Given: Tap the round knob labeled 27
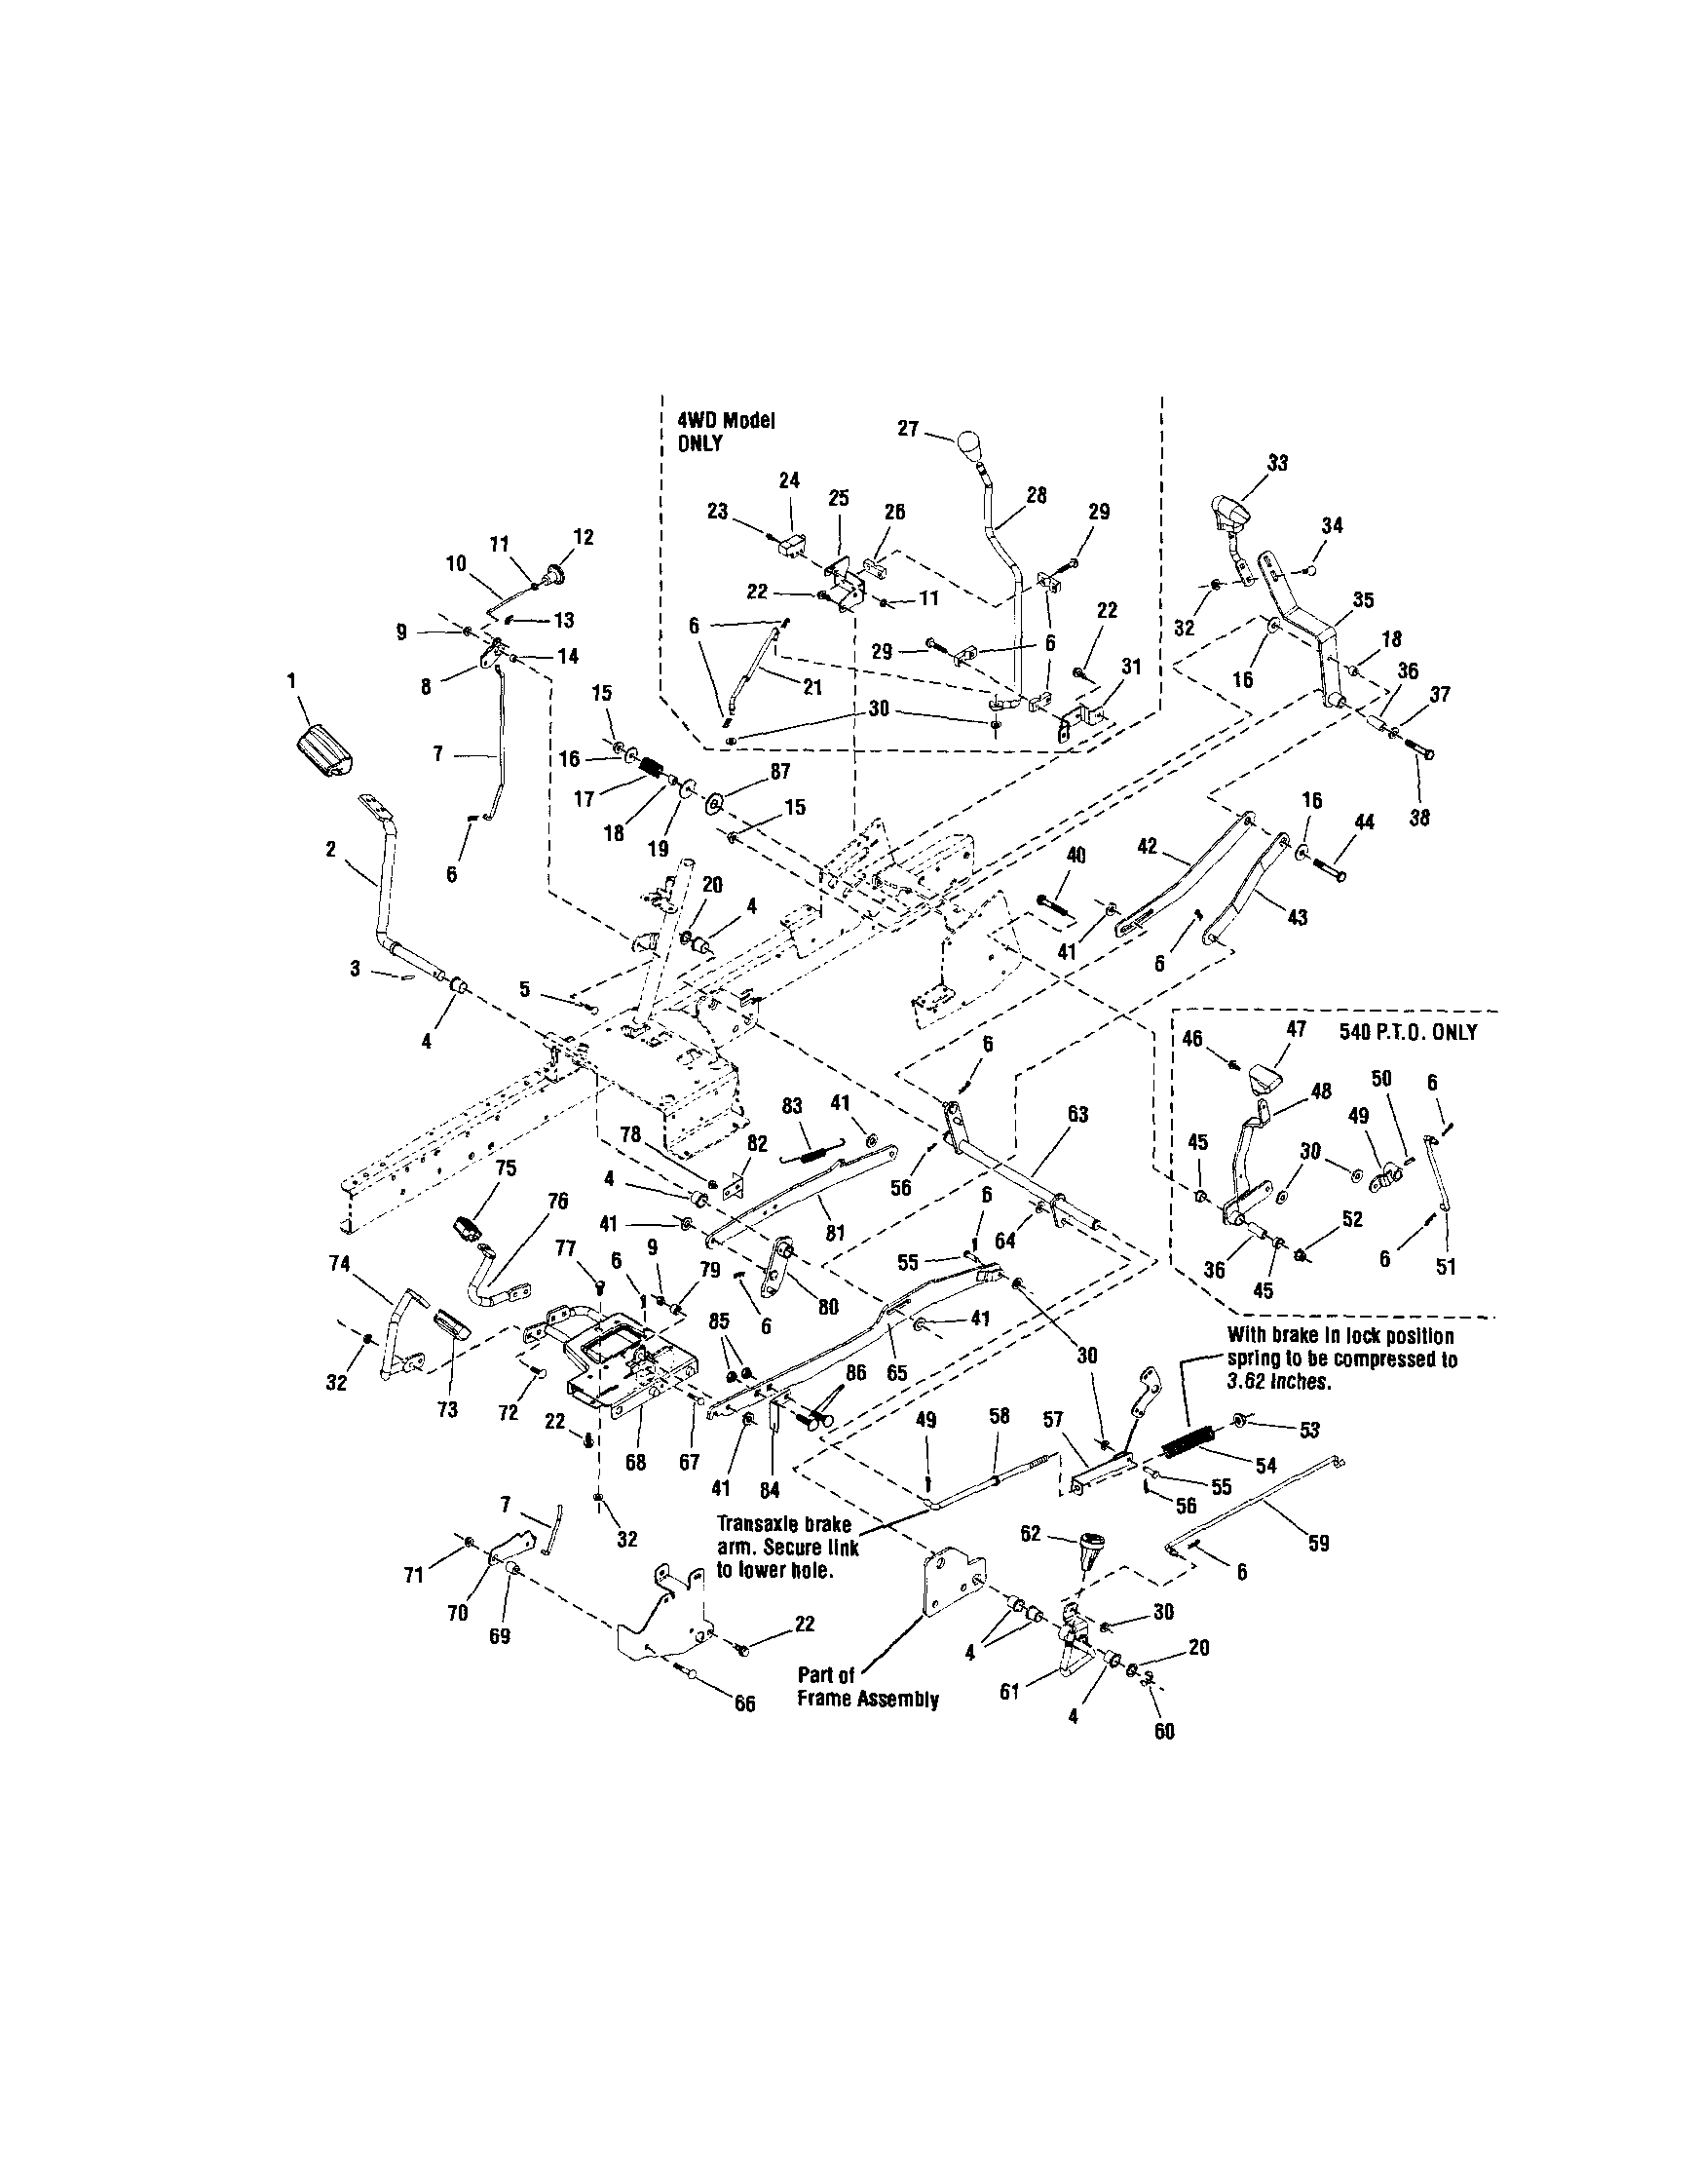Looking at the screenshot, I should (x=971, y=442).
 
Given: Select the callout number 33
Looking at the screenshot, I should (x=1278, y=462).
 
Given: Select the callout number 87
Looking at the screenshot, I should (x=779, y=771).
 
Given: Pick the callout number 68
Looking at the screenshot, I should (x=636, y=1462).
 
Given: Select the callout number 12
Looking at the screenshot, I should (x=584, y=537).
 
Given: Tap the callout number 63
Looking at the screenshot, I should (x=1078, y=1115).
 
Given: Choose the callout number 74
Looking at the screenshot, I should (x=339, y=1262).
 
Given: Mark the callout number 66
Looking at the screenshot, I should (x=744, y=1703).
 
